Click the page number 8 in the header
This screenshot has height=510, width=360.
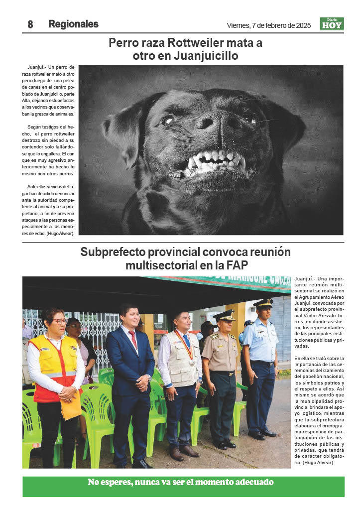pos(30,24)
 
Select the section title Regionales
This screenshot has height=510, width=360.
pos(73,24)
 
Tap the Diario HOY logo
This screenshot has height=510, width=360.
pos(332,24)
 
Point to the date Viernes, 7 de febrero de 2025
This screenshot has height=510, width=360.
pos(269,25)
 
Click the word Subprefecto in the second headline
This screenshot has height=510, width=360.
pos(116,252)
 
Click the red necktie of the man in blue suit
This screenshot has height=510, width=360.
pos(133,339)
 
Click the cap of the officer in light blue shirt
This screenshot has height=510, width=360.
pos(263,303)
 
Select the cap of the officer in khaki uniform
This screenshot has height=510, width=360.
pos(224,315)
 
